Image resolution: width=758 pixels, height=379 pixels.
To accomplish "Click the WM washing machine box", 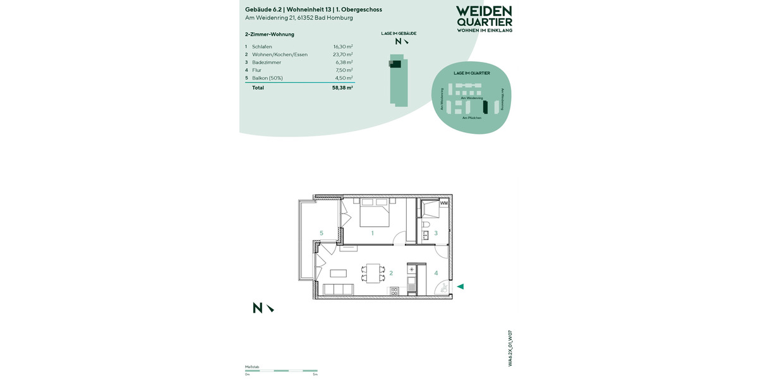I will (x=443, y=203).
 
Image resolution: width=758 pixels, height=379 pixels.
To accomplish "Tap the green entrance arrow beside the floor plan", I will (x=460, y=287).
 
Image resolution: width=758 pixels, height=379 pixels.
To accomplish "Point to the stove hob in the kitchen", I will (x=394, y=291).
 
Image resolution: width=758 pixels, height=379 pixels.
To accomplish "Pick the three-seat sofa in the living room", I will (x=338, y=290).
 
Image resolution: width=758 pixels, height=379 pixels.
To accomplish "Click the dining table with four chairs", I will (x=373, y=273).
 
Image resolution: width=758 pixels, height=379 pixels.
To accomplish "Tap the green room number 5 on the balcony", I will (x=322, y=234).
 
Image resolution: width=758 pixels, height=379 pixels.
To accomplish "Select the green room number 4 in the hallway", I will (x=436, y=273).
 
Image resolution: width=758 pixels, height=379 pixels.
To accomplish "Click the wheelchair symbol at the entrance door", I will (x=444, y=288).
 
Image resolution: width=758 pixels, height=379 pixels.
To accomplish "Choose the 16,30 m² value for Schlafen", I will (x=343, y=47).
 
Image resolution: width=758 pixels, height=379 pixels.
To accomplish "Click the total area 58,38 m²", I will (x=342, y=88).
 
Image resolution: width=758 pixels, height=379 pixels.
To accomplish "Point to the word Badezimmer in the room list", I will (x=267, y=63).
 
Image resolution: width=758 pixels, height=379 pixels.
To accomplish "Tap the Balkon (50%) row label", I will (x=267, y=78).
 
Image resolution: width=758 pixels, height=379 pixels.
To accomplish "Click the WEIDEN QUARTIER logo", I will (x=484, y=19).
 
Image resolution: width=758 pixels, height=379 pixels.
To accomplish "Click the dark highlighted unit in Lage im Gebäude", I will (x=395, y=63).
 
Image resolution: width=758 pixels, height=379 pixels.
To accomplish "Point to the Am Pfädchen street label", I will (x=472, y=118).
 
